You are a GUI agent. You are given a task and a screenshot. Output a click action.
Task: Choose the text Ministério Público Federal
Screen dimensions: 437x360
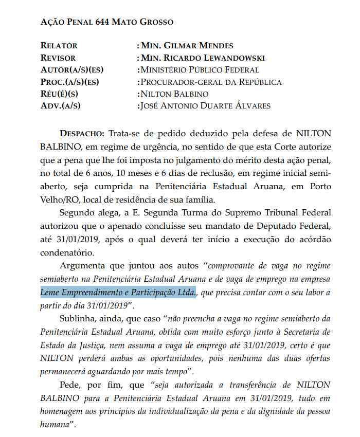tap(200, 70)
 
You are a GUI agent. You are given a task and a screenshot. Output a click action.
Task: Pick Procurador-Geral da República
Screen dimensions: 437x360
tap(211, 82)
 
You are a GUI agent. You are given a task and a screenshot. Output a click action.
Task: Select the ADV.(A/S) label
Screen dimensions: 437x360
tap(60, 106)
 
